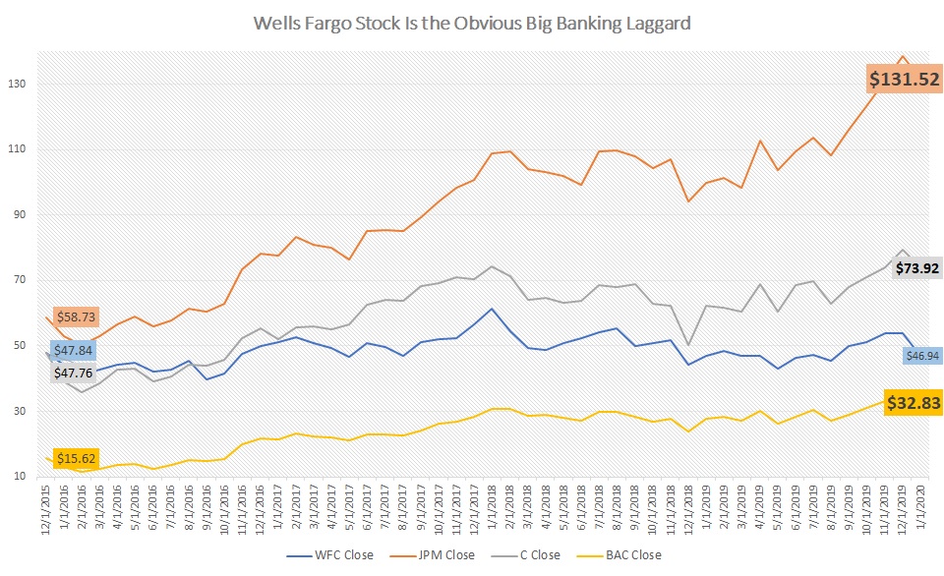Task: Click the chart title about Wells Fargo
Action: click(x=472, y=22)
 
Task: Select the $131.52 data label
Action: click(x=903, y=80)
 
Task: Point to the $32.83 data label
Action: click(x=914, y=402)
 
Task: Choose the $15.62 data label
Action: click(x=75, y=459)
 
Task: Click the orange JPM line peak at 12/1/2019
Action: click(x=903, y=56)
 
